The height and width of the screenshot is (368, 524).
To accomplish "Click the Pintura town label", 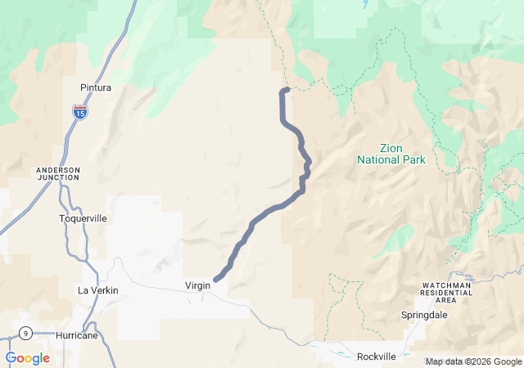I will (x=96, y=88).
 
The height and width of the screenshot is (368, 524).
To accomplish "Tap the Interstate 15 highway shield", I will (x=79, y=112).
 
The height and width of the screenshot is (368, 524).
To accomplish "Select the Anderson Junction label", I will (x=58, y=175).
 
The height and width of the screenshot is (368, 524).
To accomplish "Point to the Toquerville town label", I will (x=83, y=219).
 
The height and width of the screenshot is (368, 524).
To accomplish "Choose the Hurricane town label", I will (x=78, y=335).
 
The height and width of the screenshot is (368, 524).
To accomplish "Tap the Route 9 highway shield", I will (x=27, y=334).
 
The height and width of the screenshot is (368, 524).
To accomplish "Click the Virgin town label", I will (x=198, y=285).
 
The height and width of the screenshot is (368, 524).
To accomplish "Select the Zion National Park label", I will (x=391, y=154).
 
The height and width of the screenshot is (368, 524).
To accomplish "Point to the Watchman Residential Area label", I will (x=445, y=292).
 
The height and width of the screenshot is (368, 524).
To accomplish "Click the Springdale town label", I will (x=424, y=315).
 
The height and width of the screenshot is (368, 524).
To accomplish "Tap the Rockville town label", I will (x=377, y=357).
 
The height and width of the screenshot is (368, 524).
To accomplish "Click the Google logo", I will (x=28, y=358).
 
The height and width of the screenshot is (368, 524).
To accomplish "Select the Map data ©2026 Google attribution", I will (x=473, y=361).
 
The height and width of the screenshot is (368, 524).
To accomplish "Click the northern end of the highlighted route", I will (x=287, y=89).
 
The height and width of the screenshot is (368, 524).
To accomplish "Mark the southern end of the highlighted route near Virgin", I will (x=216, y=280).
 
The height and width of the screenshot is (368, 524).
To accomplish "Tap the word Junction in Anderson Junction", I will (x=58, y=180).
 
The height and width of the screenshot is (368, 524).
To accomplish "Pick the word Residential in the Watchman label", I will (x=445, y=292).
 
